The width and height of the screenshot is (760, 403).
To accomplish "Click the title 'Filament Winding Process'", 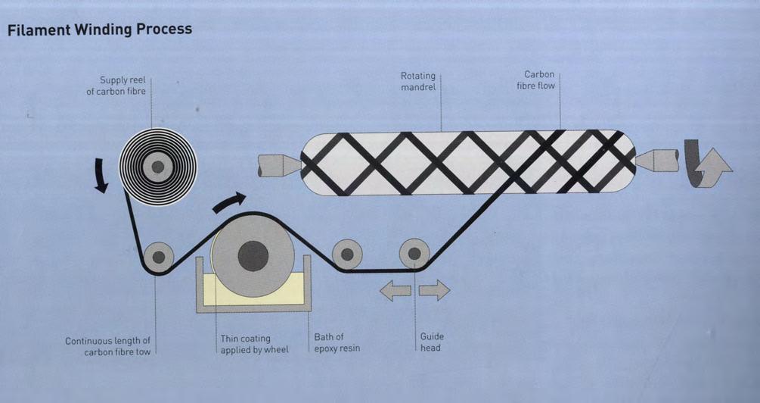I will (x=99, y=30).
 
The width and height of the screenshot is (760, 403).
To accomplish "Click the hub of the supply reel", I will (x=157, y=167).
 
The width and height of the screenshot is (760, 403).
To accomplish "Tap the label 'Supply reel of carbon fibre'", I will (x=116, y=86).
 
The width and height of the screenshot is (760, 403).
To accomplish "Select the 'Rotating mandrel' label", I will (x=417, y=82).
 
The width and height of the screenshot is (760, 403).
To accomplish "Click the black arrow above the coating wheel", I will (x=229, y=202).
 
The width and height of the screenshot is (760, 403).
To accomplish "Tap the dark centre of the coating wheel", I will (x=253, y=256).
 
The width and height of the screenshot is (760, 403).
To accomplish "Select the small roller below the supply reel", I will (x=158, y=257).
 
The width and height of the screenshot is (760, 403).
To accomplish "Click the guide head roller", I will (x=414, y=253).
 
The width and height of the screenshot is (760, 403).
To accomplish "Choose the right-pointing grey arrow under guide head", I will (x=434, y=290).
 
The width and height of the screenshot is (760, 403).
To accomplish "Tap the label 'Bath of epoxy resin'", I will (x=337, y=342).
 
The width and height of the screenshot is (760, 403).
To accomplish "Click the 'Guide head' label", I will (x=432, y=342).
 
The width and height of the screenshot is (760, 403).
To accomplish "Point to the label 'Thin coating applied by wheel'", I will (x=255, y=344).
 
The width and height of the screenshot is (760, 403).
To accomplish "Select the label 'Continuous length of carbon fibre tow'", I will (x=107, y=346).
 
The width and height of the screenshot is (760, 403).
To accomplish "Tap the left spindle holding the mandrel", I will (x=278, y=165).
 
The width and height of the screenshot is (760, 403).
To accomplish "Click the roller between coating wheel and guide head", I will (x=347, y=255).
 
